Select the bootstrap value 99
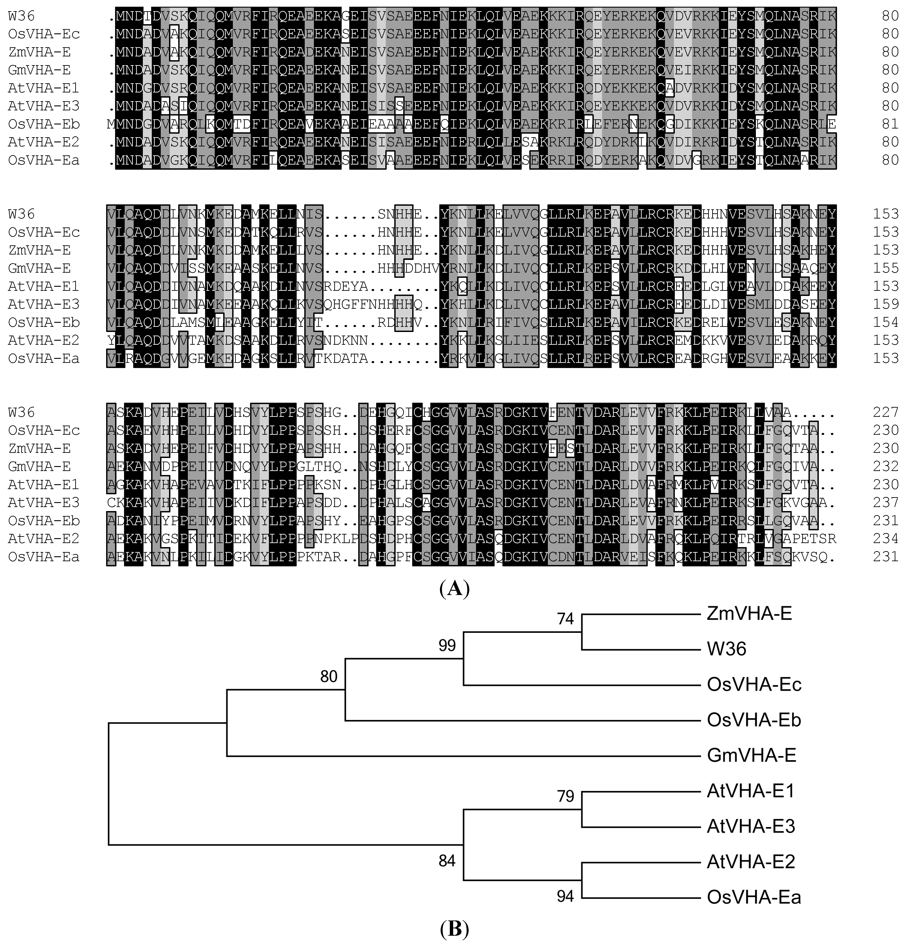coord(447,645)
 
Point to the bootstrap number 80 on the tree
coord(329,677)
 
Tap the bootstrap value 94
coord(565,896)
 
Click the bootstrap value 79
coord(565,796)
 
